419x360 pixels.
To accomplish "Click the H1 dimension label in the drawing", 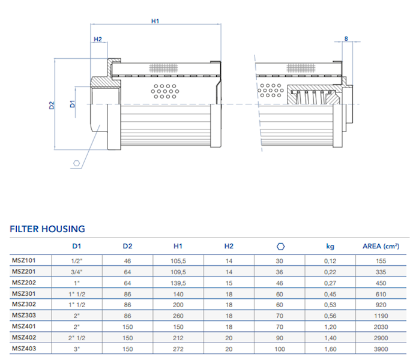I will coord(155,21).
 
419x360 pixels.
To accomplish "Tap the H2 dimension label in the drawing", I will coord(98,40).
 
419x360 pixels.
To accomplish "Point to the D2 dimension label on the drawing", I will coord(52,106).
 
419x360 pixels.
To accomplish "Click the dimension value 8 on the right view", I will coord(346,39).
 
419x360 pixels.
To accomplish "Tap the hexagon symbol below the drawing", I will coord(76,163).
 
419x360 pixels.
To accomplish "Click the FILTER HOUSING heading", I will coord(47,229).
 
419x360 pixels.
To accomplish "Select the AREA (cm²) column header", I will coord(381,246).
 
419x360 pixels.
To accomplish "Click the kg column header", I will coord(330,246).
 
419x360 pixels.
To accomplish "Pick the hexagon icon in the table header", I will coord(280,246).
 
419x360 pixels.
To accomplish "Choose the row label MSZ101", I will coord(25,260).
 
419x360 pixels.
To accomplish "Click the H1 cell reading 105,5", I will coord(178,260).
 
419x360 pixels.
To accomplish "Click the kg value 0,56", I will coord(330,314).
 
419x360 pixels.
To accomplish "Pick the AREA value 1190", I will coord(381,314).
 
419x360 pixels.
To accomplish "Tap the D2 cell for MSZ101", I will coord(127,260).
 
